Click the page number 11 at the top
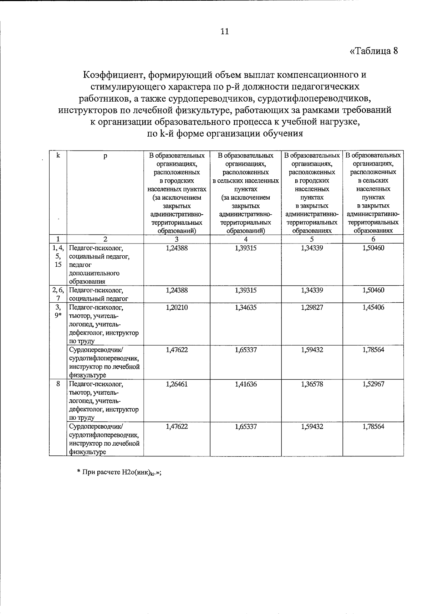tap(225, 31)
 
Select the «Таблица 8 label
tap(373, 51)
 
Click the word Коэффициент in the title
tap(113, 75)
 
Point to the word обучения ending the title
tap(283, 134)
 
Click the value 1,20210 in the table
tap(177, 307)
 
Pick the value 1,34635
tap(245, 307)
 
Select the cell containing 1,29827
tap(312, 307)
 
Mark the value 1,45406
tap(373, 307)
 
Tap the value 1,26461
tap(177, 384)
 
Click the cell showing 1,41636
tap(245, 384)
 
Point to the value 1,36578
tap(312, 384)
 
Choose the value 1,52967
tap(373, 384)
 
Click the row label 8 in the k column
tap(58, 384)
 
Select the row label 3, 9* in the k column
tap(58, 311)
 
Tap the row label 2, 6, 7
tap(58, 294)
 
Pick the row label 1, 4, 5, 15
tap(58, 256)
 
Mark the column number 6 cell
tap(373, 239)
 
